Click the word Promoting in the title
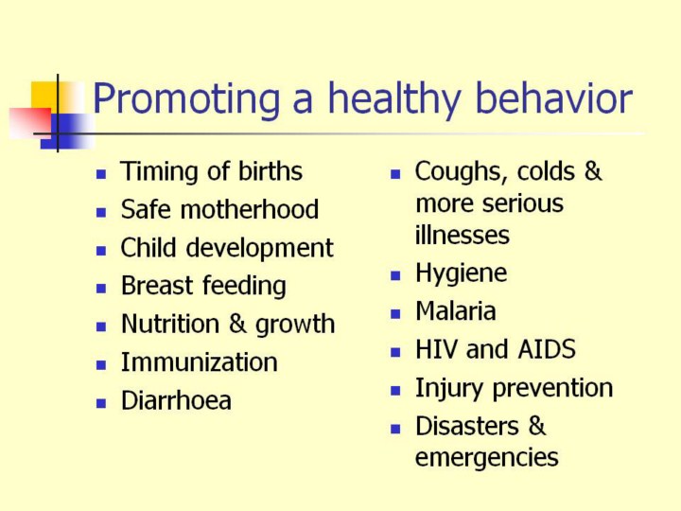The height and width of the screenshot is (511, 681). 186,100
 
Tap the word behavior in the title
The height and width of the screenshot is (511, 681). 553,98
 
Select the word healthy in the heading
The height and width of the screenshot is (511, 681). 393,100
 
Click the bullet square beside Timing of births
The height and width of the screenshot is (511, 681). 101,174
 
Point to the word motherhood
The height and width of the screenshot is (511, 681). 250,209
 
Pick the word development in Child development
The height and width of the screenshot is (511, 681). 260,249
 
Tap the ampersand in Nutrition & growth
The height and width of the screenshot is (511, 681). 237,324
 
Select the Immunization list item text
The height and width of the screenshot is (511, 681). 199,361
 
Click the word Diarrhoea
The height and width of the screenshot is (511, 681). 176,400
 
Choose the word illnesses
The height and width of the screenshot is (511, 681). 463,235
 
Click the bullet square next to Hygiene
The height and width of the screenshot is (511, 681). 395,276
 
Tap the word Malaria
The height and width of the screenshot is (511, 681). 456,310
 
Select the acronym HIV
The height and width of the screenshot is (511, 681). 436,349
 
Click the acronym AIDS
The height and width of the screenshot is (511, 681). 547,349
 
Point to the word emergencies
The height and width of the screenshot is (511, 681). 487,458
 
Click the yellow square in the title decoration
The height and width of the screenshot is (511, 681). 44,95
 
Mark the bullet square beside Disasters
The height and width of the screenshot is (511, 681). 395,429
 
